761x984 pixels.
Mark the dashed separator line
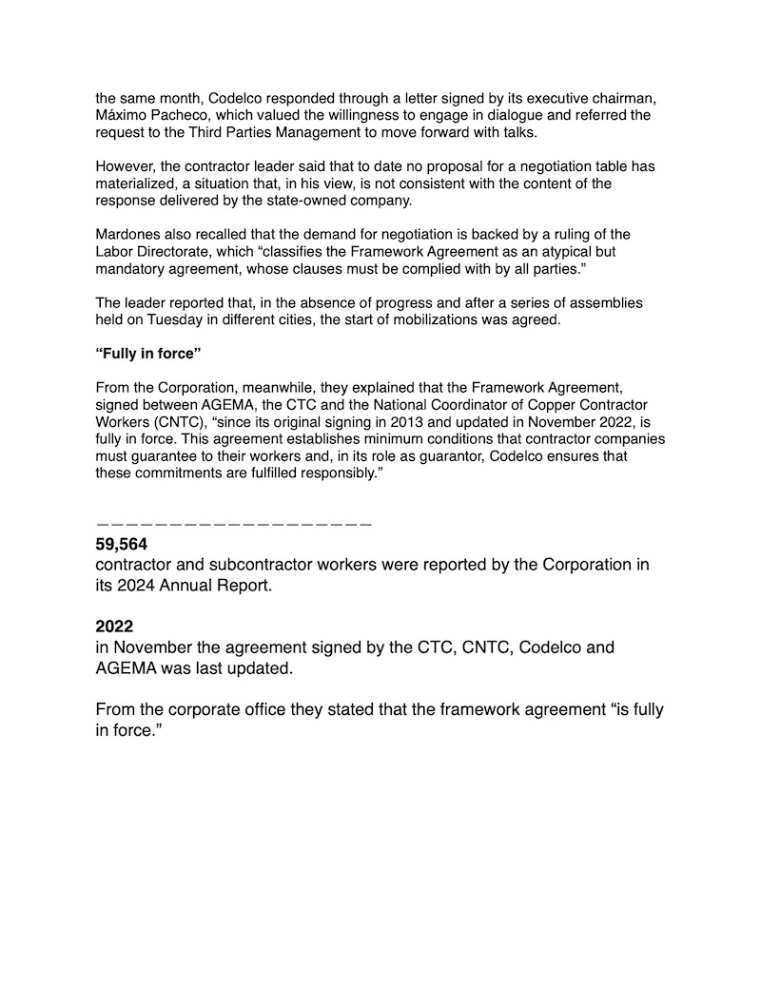233,524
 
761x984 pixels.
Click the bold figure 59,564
122,545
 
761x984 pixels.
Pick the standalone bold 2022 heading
115,627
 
